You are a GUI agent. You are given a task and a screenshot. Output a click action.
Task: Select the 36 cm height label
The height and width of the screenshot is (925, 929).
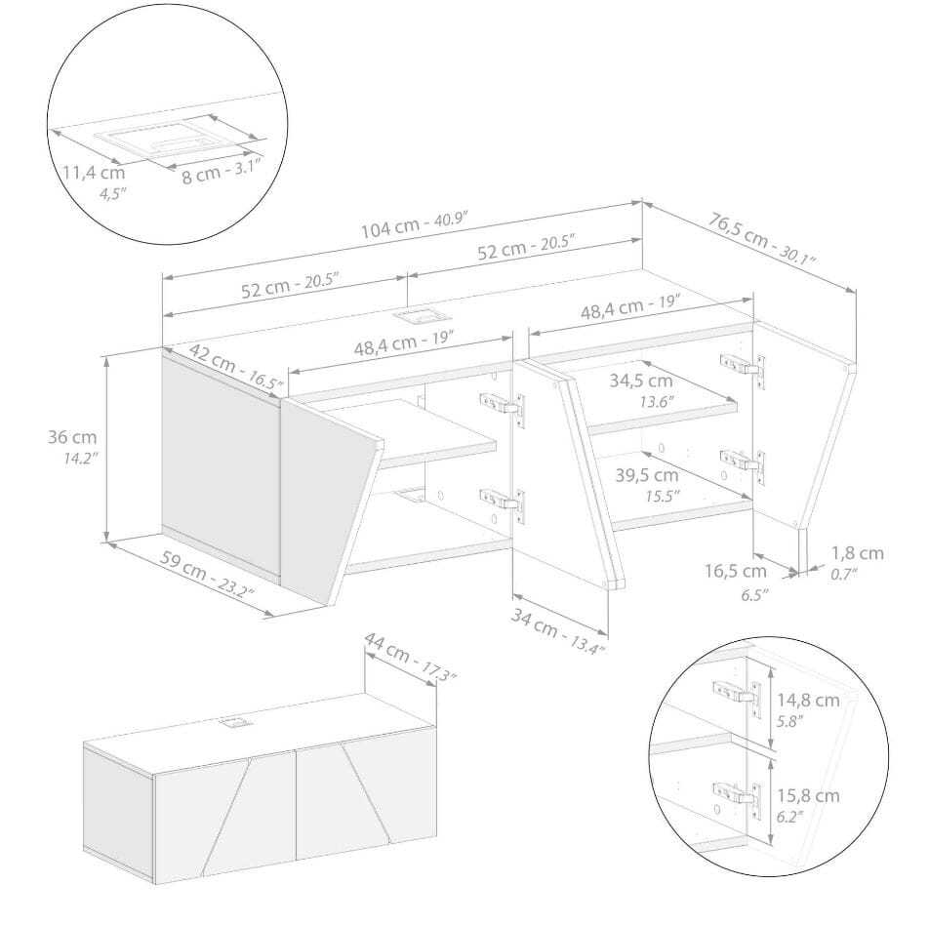coord(72,438)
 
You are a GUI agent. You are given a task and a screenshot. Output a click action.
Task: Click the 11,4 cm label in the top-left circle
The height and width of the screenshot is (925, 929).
coord(95,173)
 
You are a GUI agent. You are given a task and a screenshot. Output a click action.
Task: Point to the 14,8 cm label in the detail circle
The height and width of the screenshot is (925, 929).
coord(808,700)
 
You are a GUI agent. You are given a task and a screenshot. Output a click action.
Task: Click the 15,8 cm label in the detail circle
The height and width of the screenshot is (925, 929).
coord(808,795)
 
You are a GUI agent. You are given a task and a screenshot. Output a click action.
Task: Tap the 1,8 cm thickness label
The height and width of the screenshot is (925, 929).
coord(858,553)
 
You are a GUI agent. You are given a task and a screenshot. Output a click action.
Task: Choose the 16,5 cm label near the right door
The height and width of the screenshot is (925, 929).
coord(735,571)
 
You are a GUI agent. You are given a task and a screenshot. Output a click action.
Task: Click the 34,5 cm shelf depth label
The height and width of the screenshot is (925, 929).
coord(641,381)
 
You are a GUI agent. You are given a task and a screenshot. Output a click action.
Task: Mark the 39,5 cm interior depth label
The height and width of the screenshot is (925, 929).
coord(646,475)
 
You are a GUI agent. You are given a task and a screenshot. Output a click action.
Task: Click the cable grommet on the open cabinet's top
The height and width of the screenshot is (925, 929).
coord(422,317)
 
